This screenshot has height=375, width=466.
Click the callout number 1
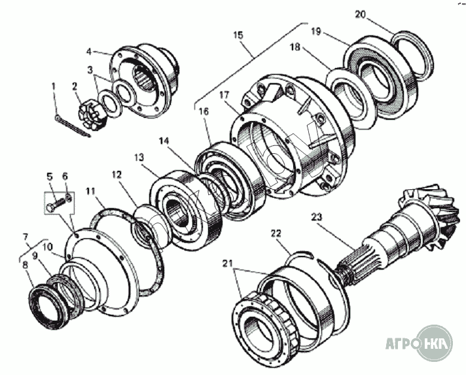(x=54, y=85)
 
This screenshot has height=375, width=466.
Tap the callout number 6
(x=65, y=176)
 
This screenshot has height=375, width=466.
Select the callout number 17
(x=224, y=96)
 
